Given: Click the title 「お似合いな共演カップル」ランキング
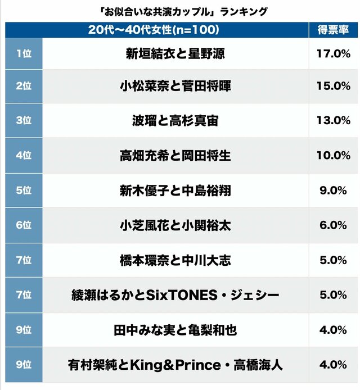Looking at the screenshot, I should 179,11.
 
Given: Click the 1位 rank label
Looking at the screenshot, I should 24,54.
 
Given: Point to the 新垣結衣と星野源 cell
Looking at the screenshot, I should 176,55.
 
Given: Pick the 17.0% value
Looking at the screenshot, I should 333,55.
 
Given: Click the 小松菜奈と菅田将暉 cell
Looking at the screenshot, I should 176,87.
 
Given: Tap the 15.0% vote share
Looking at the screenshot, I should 333,86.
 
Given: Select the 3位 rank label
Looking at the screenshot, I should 24,120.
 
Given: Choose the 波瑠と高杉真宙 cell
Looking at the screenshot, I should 176,120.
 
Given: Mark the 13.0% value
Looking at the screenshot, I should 333,120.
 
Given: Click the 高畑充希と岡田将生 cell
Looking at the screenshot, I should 176,155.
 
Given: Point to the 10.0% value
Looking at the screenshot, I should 333,155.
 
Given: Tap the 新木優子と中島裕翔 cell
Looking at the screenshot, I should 176,191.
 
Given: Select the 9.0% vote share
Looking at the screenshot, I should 333,191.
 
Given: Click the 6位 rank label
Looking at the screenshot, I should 24,225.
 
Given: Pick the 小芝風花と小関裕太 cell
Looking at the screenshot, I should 176,225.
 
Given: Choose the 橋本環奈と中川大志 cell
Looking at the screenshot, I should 176,260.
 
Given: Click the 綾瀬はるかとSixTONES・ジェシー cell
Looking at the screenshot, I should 176,295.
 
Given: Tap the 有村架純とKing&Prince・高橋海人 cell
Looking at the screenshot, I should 176,365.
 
